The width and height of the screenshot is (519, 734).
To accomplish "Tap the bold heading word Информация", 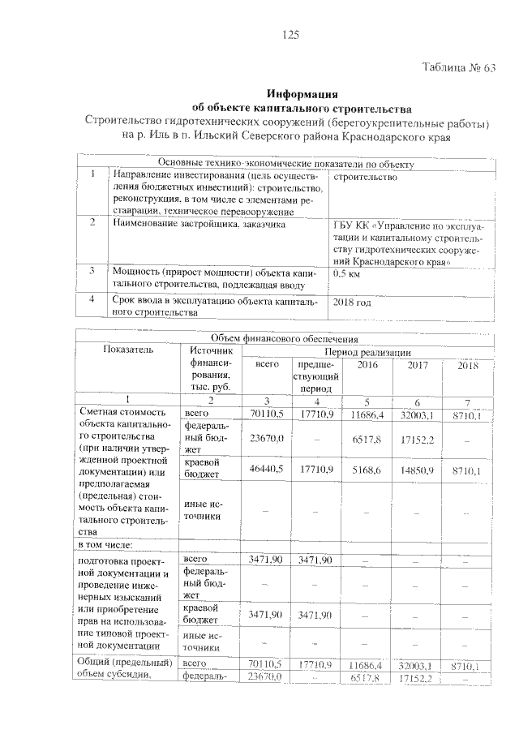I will (301, 94).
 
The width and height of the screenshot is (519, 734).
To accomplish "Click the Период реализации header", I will (367, 353).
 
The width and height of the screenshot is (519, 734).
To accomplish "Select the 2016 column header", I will (368, 366).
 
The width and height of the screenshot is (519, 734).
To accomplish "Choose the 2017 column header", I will (418, 366).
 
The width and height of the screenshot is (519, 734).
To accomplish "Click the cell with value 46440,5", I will (266, 469).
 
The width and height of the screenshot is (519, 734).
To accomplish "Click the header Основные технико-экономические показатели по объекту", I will (286, 164).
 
